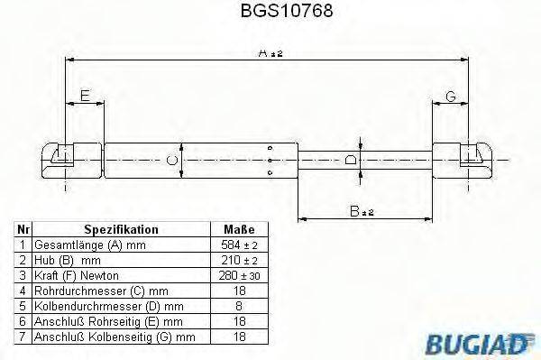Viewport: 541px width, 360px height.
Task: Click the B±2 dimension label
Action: point(362,212)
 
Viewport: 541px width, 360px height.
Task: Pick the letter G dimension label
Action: point(450,97)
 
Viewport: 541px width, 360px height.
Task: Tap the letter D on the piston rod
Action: point(350,160)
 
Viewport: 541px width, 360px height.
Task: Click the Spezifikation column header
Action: point(121,230)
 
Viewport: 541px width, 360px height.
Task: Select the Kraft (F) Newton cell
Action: point(77,274)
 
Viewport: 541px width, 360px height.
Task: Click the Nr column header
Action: point(23,230)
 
